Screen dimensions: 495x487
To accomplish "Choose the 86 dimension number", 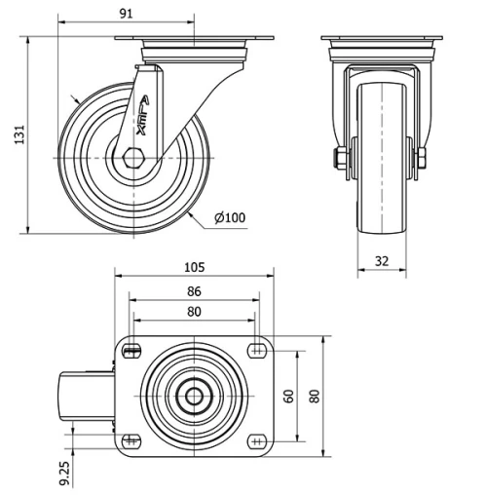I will (x=193, y=290).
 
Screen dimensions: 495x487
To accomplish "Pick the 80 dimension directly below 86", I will (x=193, y=312).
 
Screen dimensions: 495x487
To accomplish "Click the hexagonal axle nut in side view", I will (x=136, y=156).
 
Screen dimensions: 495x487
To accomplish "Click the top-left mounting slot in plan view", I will (x=132, y=350).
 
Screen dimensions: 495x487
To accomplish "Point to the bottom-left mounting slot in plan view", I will (x=132, y=440).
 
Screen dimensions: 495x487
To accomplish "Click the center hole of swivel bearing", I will (x=194, y=396).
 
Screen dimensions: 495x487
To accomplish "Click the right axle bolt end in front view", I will (x=425, y=158).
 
